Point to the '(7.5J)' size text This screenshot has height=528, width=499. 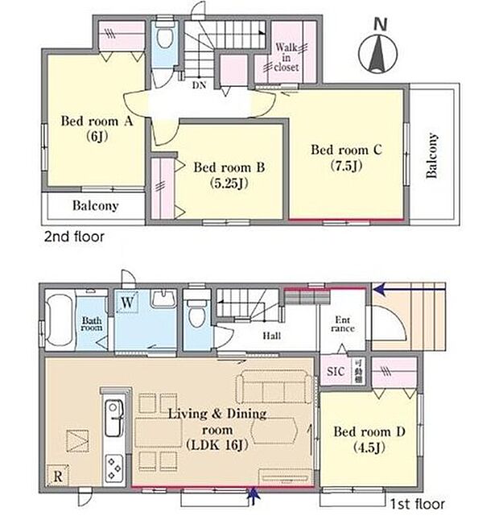344,167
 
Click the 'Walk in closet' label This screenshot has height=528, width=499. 287,57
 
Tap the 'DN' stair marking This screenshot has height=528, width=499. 197,82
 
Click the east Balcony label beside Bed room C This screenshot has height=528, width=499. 433,155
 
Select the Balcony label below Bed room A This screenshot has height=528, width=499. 95,206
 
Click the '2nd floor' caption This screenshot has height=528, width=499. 72,237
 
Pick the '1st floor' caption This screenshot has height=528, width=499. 416,505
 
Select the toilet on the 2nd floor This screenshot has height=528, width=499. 164,38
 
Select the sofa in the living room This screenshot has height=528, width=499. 275,388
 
